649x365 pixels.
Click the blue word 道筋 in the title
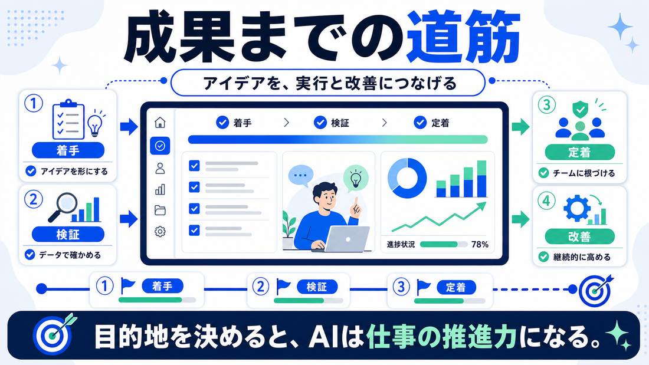[x=464, y=38]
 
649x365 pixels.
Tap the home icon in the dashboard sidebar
[x=160, y=123]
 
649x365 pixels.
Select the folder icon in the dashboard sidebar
[x=160, y=211]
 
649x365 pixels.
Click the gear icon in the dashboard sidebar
[x=160, y=231]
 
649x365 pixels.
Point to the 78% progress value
[x=480, y=245]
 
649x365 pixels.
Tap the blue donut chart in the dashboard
[x=407, y=178]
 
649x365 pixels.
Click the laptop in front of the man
[x=347, y=239]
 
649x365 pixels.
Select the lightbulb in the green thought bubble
[x=355, y=179]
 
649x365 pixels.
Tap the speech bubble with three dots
[x=300, y=176]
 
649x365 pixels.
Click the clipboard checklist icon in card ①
[x=68, y=120]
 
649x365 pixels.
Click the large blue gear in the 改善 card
[x=576, y=209]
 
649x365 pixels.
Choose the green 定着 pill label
[x=579, y=152]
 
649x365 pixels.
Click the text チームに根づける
[x=584, y=173]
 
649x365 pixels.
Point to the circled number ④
[x=546, y=201]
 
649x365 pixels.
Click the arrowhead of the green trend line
[x=482, y=206]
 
